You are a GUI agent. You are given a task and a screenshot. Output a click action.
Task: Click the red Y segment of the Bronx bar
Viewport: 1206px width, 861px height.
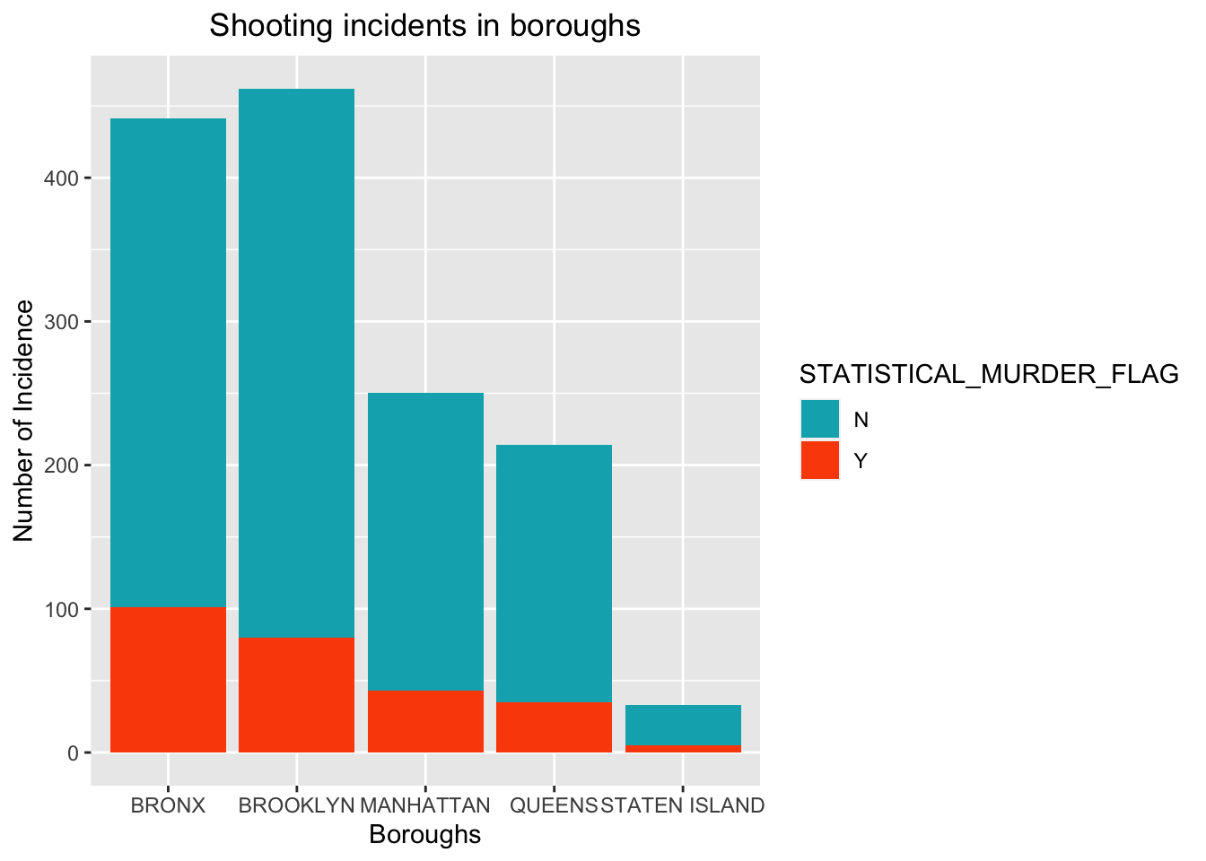pyautogui.click(x=168, y=680)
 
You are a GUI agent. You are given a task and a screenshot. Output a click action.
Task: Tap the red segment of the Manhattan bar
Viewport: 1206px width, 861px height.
pyautogui.click(x=425, y=721)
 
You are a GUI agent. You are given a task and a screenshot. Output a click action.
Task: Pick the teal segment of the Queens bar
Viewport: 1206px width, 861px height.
pyautogui.click(x=554, y=574)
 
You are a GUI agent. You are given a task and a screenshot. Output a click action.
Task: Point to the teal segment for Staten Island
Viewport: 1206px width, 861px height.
pyautogui.click(x=683, y=725)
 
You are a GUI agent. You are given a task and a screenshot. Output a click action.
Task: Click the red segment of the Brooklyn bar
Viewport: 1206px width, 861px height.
pyautogui.click(x=296, y=695)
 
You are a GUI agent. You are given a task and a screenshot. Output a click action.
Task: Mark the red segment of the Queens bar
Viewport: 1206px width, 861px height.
pyautogui.click(x=554, y=727)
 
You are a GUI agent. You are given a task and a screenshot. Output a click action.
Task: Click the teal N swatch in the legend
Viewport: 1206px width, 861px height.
pyautogui.click(x=820, y=419)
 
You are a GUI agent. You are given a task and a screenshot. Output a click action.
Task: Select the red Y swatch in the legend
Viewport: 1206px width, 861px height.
pyautogui.click(x=820, y=460)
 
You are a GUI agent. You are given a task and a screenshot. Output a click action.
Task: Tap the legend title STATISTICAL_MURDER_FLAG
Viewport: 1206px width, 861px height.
pyautogui.click(x=989, y=375)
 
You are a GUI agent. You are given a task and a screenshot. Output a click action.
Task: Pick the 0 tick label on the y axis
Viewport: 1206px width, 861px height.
pyautogui.click(x=73, y=752)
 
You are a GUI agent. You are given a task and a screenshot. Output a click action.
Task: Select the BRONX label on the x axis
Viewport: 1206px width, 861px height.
pyautogui.click(x=168, y=805)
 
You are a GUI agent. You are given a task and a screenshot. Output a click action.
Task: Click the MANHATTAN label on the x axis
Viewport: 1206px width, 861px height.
pyautogui.click(x=425, y=805)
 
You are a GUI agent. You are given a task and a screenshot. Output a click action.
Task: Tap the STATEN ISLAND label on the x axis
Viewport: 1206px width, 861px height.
pyautogui.click(x=683, y=805)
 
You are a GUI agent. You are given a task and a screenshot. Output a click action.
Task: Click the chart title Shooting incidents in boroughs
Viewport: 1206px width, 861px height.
pyautogui.click(x=425, y=25)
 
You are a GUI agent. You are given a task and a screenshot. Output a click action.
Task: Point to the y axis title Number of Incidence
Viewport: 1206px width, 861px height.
pyautogui.click(x=24, y=421)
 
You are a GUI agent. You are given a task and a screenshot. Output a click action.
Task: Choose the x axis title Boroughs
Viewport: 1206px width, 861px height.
pyautogui.click(x=425, y=835)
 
